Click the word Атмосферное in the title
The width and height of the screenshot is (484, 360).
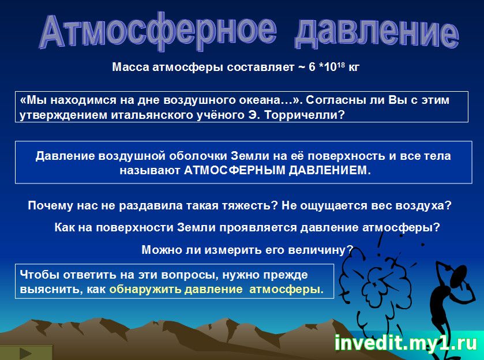click(158, 31)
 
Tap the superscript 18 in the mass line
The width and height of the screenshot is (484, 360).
click(340, 64)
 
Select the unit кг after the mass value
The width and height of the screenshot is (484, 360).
click(354, 67)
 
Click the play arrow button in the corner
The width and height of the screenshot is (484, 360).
click(25, 353)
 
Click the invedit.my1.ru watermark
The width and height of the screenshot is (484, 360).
click(406, 343)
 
